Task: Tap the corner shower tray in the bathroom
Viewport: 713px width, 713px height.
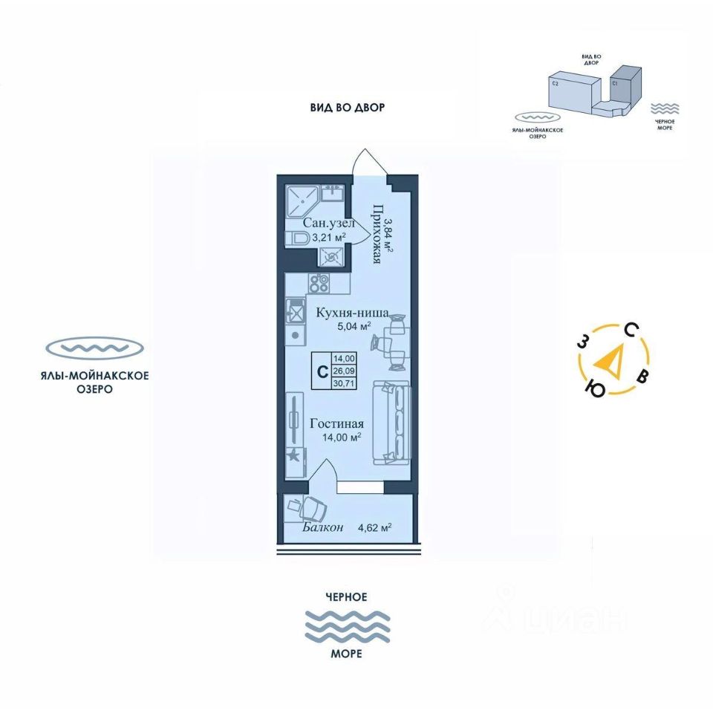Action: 302,198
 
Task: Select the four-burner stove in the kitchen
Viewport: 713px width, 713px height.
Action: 319,282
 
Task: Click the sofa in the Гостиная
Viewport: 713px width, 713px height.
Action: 394,422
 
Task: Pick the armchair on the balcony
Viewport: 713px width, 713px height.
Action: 310,509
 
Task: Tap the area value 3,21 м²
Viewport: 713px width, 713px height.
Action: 328,238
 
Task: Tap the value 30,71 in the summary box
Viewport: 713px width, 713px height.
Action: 344,383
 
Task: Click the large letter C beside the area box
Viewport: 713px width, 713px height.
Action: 321,370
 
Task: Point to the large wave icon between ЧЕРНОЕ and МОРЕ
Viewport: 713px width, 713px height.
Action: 347,625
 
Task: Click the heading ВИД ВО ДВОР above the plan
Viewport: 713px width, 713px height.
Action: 348,108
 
